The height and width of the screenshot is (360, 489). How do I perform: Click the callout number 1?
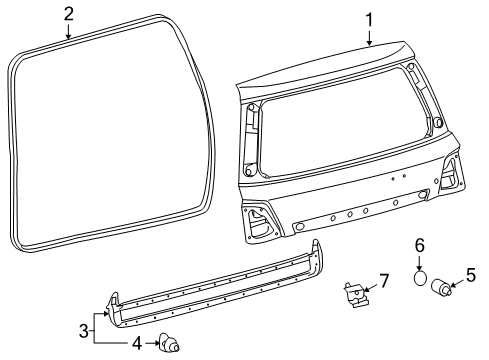369,20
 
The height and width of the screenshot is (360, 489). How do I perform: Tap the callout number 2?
68,14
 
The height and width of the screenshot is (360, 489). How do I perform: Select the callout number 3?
84,331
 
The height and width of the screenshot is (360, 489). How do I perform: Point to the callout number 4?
137,343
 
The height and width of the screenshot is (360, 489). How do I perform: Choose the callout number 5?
471,275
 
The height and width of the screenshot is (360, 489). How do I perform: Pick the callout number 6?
420,246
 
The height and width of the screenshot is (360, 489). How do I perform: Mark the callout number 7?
384,281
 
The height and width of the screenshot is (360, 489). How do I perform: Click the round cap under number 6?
420,278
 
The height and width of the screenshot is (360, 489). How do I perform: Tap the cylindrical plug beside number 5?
441,287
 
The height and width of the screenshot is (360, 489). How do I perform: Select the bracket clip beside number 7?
356,294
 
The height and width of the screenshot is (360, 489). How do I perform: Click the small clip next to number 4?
169,342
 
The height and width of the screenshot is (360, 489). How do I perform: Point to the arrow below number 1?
369,38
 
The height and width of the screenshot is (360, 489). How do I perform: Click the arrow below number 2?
68,32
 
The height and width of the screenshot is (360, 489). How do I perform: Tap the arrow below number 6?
420,263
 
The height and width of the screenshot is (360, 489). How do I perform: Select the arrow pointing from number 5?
457,283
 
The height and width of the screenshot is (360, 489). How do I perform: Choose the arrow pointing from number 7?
371,287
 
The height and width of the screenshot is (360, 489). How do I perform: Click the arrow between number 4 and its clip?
153,343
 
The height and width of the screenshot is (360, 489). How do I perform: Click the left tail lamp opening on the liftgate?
260,222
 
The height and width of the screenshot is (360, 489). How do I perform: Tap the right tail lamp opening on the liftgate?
450,173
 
